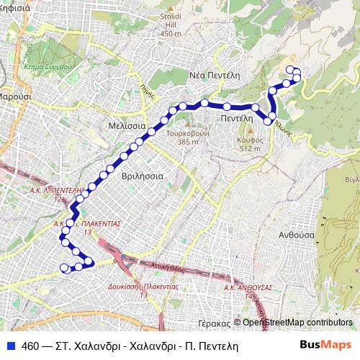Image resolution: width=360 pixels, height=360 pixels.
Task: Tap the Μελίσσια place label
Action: tap(127, 125)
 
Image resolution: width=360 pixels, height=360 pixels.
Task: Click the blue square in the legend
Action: tap(9, 345)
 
